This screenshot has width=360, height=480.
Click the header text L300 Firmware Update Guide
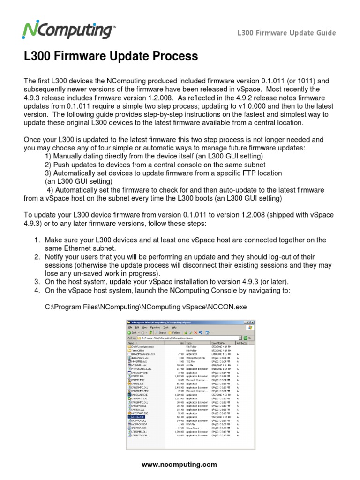point(286,33)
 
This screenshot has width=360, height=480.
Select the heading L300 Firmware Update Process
point(111,57)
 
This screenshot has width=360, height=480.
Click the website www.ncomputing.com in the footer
point(180,465)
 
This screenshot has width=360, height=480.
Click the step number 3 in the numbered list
point(37,281)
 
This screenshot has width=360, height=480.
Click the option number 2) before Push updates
point(49,165)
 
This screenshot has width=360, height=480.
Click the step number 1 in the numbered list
point(37,240)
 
